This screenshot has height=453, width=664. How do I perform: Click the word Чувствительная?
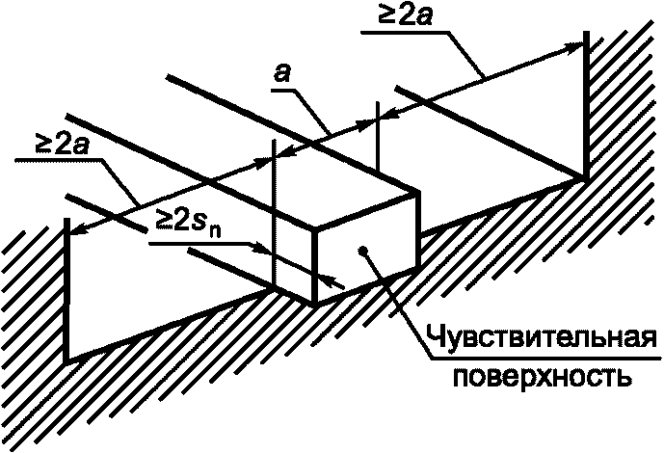[x=541, y=339]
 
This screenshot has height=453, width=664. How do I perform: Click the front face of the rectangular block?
[x=368, y=246]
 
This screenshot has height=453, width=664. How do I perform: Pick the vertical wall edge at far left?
[x=66, y=289]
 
